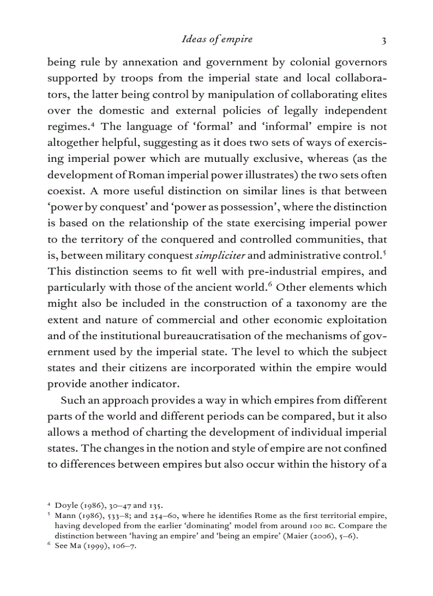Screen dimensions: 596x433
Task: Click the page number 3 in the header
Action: tap(383, 40)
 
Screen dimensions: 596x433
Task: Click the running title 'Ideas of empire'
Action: tap(216, 39)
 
